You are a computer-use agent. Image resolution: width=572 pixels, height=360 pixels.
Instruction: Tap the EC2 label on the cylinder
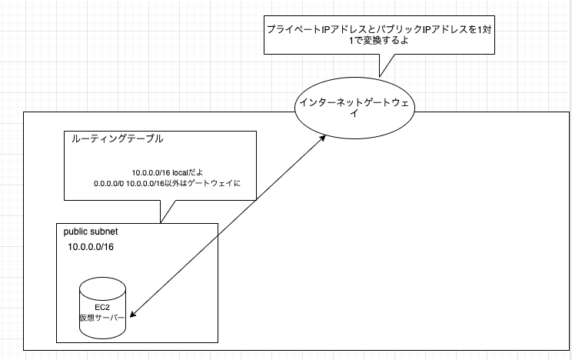point(102,308)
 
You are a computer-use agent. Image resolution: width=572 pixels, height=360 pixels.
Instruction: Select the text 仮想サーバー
point(102,318)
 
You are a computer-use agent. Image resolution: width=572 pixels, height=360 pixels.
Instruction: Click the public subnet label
point(91,232)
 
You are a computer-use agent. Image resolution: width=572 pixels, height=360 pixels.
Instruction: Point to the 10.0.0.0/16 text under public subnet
point(91,247)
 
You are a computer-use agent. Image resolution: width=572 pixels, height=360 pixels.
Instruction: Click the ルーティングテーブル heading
point(117,138)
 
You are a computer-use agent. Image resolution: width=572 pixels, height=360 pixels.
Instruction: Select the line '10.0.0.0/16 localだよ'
point(168,173)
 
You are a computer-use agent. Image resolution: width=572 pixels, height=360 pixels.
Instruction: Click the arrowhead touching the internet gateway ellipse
point(322,138)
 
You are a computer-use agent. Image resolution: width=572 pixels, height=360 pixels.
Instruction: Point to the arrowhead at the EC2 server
point(133,314)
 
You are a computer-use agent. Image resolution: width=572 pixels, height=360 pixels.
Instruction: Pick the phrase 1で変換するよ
point(379,41)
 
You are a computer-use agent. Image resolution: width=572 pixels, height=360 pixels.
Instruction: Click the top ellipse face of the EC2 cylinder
point(102,286)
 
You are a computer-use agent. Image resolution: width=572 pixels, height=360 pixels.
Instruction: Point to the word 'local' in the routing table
point(179,173)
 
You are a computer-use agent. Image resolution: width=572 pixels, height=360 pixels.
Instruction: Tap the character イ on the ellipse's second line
point(354,114)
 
